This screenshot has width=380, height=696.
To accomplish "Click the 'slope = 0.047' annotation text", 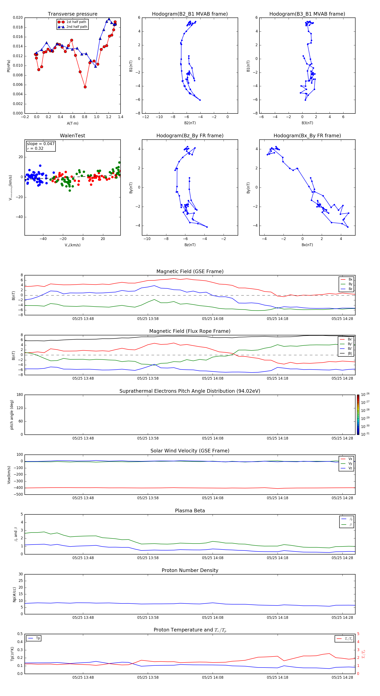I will point(41,144).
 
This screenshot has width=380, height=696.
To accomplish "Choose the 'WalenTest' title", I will point(72,136).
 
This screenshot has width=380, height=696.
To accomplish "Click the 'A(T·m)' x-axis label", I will point(72,123).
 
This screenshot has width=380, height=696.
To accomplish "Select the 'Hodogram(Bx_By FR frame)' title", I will point(307,136).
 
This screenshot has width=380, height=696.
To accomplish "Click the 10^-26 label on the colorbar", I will point(365,395).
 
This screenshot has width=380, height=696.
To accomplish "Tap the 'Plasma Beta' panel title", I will point(190,511).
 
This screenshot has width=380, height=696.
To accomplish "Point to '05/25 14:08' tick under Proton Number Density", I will point(213,618).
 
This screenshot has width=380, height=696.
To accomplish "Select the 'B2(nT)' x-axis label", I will point(190,123).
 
